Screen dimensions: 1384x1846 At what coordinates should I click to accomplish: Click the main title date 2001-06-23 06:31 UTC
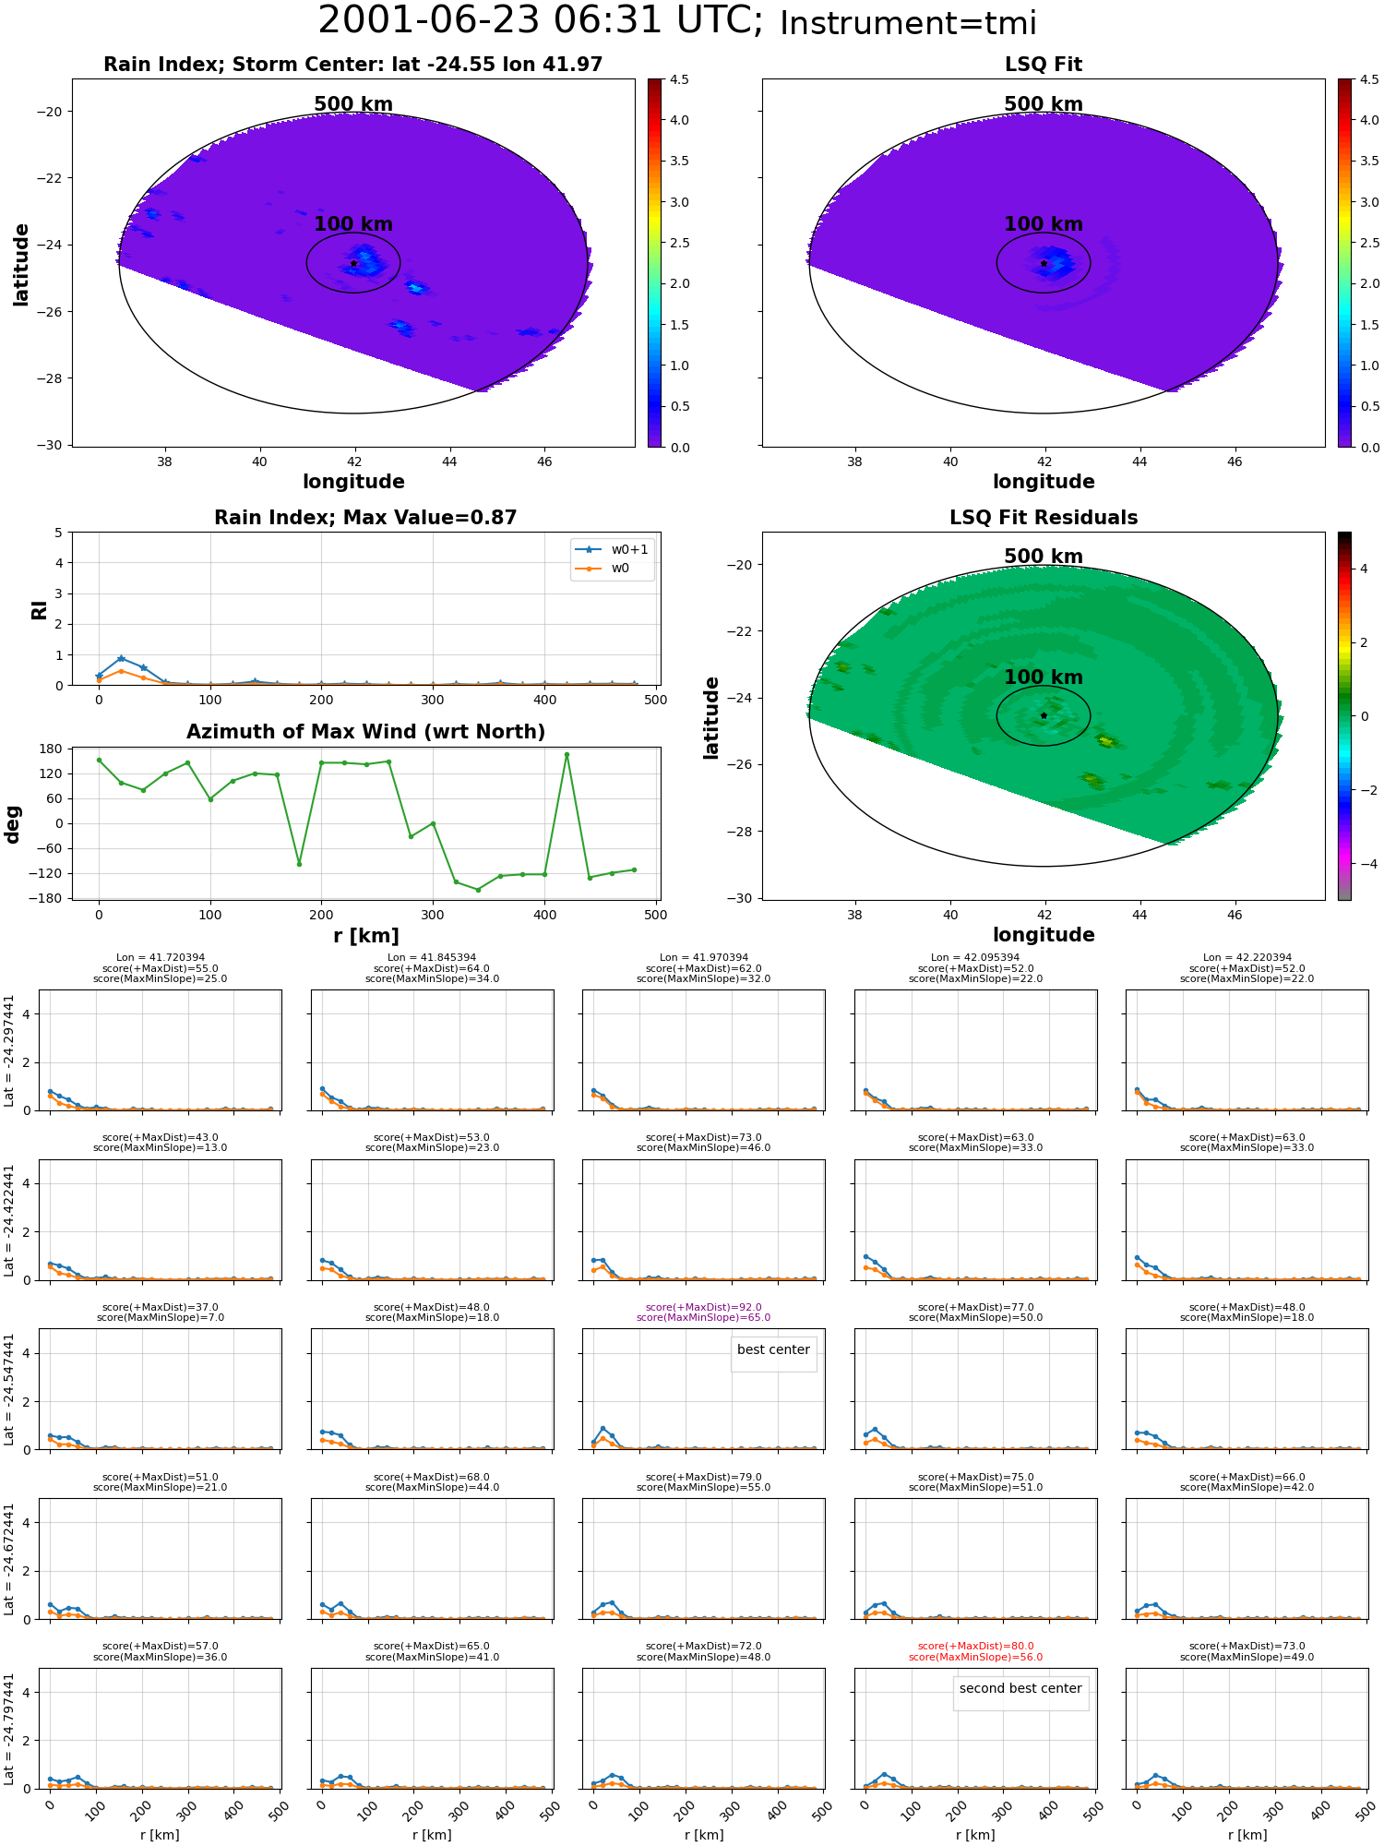coord(541,21)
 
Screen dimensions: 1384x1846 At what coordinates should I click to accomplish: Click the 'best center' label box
coord(773,1350)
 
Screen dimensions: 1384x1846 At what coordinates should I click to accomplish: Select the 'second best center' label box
coord(1020,1689)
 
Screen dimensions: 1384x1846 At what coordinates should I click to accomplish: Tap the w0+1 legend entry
coord(612,550)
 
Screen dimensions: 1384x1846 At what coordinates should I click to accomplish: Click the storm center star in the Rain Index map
coord(353,263)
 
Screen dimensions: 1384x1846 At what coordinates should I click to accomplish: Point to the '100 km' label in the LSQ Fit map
coord(1044,224)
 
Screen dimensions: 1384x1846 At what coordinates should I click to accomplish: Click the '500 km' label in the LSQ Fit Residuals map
coord(1044,557)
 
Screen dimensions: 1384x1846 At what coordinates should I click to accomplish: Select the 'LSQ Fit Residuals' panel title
coord(1044,518)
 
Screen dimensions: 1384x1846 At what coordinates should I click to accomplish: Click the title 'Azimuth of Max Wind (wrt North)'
coord(365,732)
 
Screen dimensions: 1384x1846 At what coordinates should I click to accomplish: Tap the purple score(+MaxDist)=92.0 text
coord(704,1307)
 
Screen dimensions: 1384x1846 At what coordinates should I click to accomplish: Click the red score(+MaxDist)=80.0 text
coord(975,1646)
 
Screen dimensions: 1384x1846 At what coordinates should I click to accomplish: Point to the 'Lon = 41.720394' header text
coord(161,958)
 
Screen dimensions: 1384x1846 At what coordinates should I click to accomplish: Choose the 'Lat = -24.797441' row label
coord(9,1729)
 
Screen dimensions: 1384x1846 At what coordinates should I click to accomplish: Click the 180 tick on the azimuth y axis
coord(52,749)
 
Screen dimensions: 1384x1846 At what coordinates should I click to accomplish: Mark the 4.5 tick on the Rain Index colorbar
coord(679,79)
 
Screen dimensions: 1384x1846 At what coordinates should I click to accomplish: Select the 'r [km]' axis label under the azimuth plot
coord(365,936)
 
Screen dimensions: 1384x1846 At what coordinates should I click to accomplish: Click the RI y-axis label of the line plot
coord(39,609)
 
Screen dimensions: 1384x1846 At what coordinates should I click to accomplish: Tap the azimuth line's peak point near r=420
coord(567,755)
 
